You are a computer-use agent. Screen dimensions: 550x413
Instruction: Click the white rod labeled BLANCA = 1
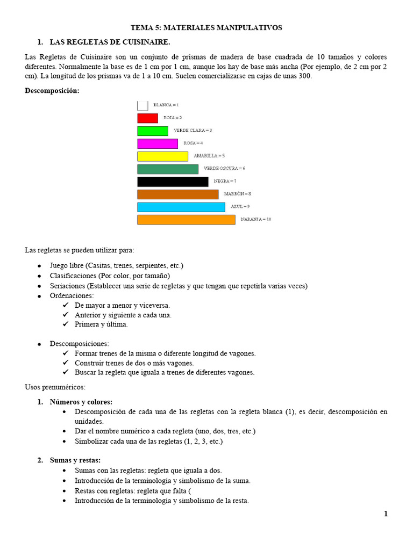pos(143,105)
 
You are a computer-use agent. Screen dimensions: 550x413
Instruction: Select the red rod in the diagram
pos(147,118)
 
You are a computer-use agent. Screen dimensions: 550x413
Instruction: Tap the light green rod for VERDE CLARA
pos(153,131)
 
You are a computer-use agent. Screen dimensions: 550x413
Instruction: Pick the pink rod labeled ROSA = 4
pos(158,143)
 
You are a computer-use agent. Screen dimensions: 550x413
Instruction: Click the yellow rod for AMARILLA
pos(162,156)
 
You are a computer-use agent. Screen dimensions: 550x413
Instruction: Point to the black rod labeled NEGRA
pos(173,182)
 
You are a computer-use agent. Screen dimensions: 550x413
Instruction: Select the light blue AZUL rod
pos(181,207)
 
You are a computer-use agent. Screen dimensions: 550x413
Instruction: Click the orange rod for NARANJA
pos(186,220)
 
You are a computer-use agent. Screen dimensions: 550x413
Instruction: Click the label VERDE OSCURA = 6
pos(224,169)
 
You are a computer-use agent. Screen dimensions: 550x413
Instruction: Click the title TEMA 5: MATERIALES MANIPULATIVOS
pos(206,27)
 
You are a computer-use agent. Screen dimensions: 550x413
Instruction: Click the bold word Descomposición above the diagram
pos(52,91)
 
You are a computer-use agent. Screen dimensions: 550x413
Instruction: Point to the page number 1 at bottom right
pos(386,514)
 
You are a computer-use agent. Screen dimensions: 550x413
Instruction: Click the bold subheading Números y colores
pos(81,402)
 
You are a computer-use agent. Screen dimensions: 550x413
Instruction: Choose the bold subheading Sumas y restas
pos(75,460)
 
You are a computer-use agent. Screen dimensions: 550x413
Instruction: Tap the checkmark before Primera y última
pos(66,324)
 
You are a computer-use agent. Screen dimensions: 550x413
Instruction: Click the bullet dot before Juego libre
pos(39,266)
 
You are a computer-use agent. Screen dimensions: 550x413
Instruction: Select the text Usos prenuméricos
pos(55,387)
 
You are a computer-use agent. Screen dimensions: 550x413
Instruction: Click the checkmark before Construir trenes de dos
pos(66,363)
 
